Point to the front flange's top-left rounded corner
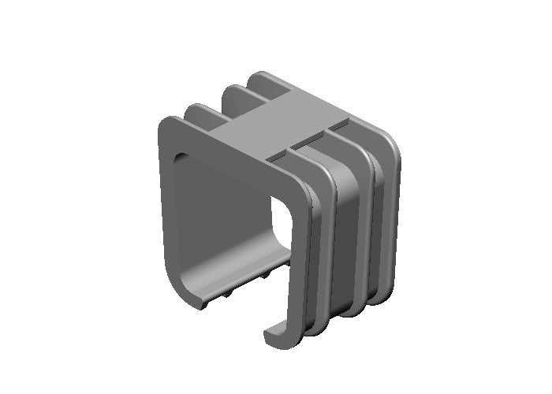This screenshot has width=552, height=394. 168,127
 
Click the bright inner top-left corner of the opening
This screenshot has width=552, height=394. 180,158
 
